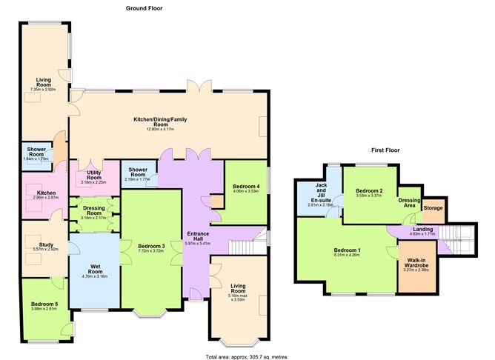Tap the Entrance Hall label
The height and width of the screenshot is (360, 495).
pos(197,236)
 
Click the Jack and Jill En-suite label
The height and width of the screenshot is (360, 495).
pos(320,192)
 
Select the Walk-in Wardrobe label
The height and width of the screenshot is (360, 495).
pos(413,264)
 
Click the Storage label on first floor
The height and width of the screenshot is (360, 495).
pos(433,208)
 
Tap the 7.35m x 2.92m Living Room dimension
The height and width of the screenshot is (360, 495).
pos(43,90)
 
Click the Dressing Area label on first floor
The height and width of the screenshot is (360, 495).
pos(411,202)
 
